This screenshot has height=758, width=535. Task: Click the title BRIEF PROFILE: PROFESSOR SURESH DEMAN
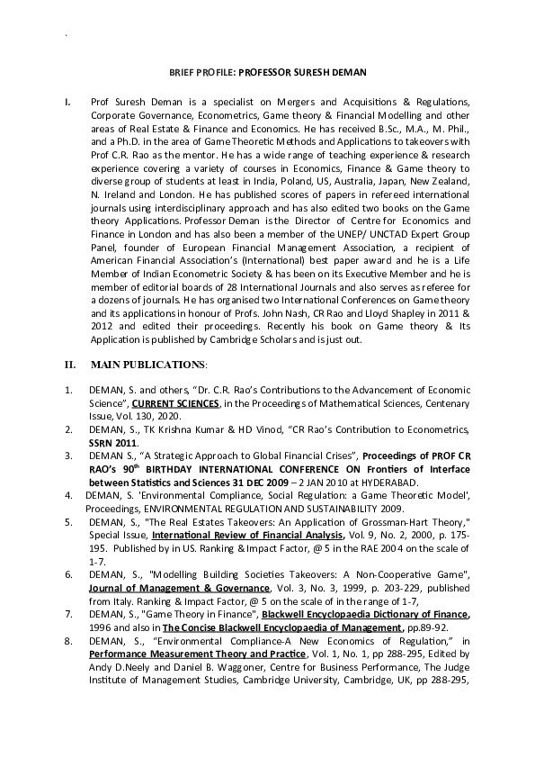point(268,70)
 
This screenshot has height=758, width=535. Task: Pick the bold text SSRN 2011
point(113,443)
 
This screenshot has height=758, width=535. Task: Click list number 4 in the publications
point(67,495)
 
